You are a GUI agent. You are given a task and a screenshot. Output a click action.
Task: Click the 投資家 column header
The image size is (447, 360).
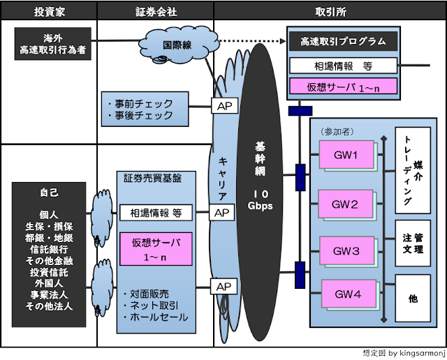pos(48,12)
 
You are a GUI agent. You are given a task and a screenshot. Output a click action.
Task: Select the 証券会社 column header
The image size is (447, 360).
pos(155,12)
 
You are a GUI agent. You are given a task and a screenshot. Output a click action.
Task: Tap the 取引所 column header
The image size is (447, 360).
pos(330,12)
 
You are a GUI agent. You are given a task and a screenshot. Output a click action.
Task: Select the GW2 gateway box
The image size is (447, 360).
pos(345,205)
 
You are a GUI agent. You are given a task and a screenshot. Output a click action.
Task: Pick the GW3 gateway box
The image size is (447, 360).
pos(345,250)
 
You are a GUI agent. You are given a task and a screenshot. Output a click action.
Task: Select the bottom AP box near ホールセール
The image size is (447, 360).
pos(223,287)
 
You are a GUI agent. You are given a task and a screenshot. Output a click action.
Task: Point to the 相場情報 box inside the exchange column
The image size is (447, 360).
pos(343,66)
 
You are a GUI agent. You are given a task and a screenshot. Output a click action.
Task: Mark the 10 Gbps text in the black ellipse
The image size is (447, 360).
pos(256,200)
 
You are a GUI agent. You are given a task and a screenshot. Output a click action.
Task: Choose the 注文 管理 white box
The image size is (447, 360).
pos(413,242)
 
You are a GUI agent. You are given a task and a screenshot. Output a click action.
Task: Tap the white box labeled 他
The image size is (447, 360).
pos(413,299)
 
